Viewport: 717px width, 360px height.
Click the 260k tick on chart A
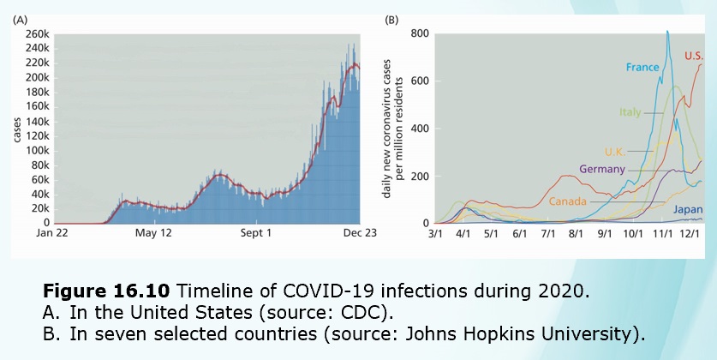click(x=35, y=33)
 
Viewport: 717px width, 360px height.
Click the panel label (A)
click(x=20, y=19)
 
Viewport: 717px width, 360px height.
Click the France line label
click(x=641, y=66)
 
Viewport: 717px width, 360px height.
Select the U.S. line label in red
click(x=694, y=56)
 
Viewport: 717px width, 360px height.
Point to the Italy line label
click(x=630, y=112)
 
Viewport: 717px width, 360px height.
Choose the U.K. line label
click(x=618, y=151)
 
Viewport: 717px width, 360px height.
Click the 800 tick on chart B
click(x=419, y=33)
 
